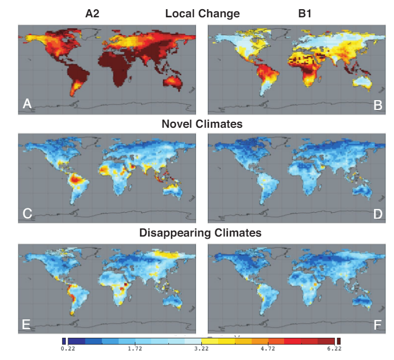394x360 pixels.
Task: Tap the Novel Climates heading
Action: [202, 124]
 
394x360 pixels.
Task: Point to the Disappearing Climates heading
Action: [201, 233]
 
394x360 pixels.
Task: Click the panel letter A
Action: [27, 103]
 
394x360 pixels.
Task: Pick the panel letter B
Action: [378, 104]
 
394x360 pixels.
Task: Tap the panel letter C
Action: [28, 213]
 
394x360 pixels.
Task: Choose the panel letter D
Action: [378, 213]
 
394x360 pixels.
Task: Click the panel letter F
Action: [378, 325]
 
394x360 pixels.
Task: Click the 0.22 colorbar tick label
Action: [68, 349]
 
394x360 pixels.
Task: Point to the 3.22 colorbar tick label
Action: [201, 349]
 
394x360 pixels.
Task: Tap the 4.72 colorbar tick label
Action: [268, 349]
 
